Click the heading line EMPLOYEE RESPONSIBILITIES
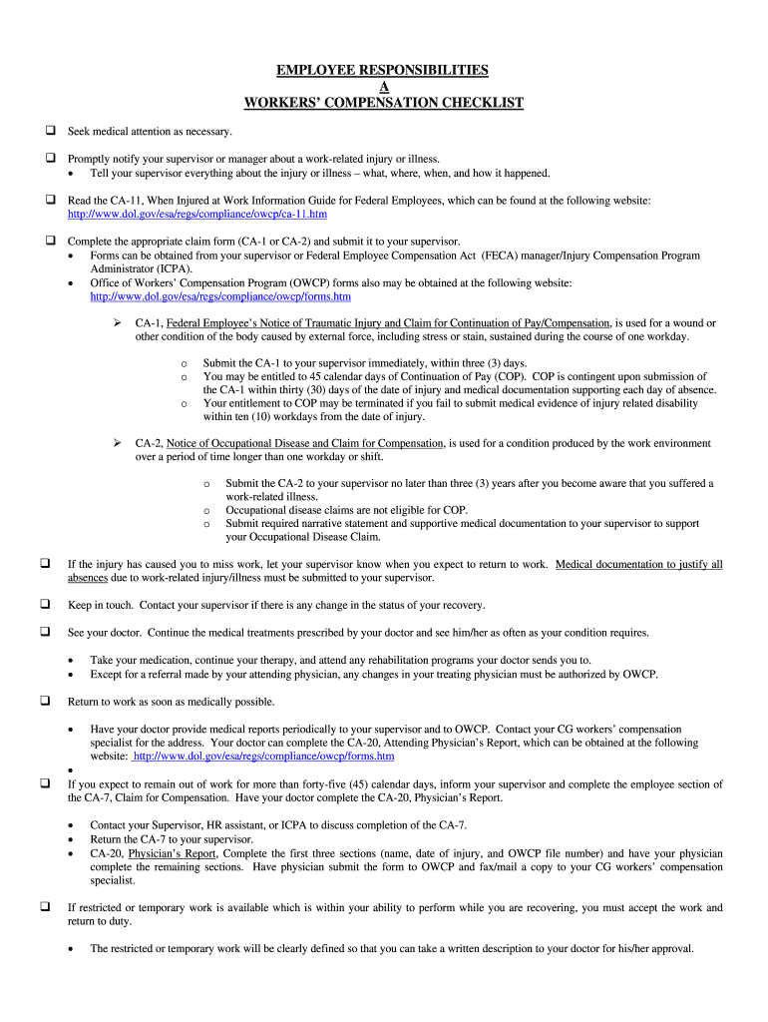[x=383, y=70]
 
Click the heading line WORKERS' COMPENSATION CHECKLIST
[x=383, y=103]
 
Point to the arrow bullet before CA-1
[x=117, y=323]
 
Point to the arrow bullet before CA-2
[x=117, y=443]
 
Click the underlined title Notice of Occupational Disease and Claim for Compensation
[x=304, y=444]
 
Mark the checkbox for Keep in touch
[x=47, y=605]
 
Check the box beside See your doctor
[x=47, y=633]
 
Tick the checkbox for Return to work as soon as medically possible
[x=47, y=702]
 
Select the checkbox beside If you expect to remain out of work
[x=47, y=784]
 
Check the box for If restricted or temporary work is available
[x=47, y=907]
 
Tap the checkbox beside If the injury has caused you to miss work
[x=47, y=564]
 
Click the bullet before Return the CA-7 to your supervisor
[x=70, y=840]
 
